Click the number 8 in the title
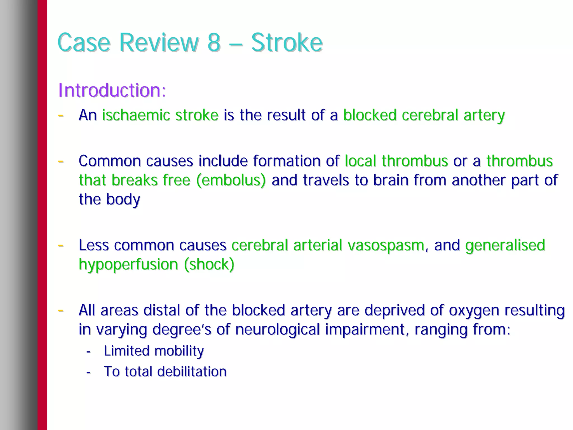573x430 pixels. tap(214, 43)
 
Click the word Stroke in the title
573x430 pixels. tap(287, 43)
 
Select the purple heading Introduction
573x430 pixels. tap(112, 90)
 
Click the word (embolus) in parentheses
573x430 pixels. tap(231, 180)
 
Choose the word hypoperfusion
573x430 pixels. tap(128, 265)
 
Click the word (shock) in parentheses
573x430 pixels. tap(209, 265)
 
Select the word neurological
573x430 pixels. tap(277, 330)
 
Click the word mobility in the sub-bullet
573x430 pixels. tap(179, 351)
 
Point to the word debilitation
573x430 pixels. tap(192, 372)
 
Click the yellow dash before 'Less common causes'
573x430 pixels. tap(60, 246)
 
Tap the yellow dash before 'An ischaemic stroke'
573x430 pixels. tap(60, 115)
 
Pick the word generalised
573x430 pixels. tap(505, 245)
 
